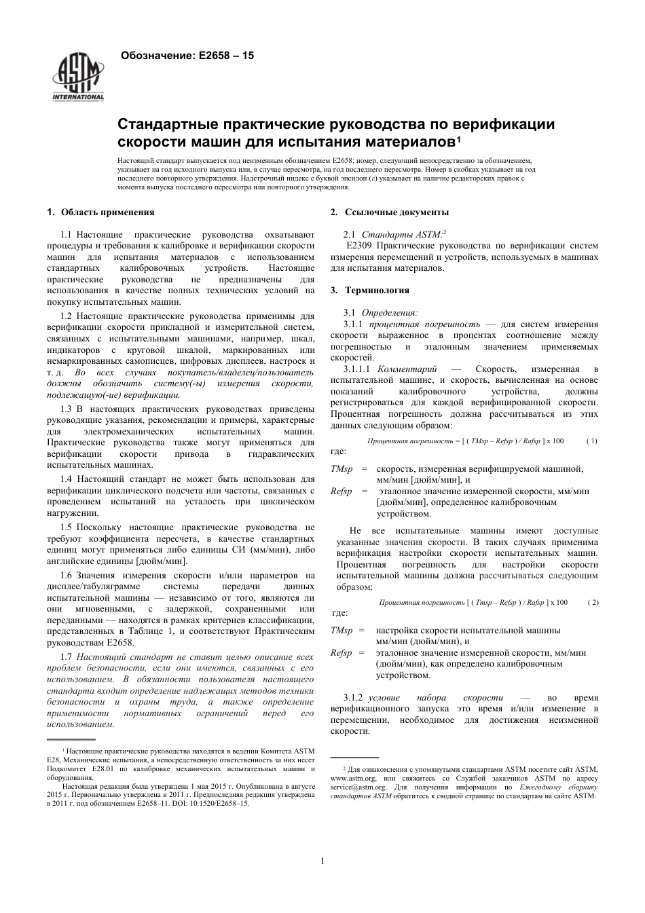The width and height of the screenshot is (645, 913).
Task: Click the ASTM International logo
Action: [x=79, y=77]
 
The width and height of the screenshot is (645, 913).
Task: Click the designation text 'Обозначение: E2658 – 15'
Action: [x=187, y=56]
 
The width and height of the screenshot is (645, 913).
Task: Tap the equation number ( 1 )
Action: [x=591, y=441]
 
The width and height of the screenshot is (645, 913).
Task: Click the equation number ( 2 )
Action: [x=593, y=602]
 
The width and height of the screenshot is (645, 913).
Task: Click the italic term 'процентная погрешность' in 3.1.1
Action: [x=424, y=324]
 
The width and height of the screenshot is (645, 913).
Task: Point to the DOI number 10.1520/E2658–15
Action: [x=217, y=803]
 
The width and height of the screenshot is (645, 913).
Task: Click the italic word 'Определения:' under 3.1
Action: [x=390, y=312]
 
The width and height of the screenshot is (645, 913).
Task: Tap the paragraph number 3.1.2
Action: [x=354, y=698]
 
